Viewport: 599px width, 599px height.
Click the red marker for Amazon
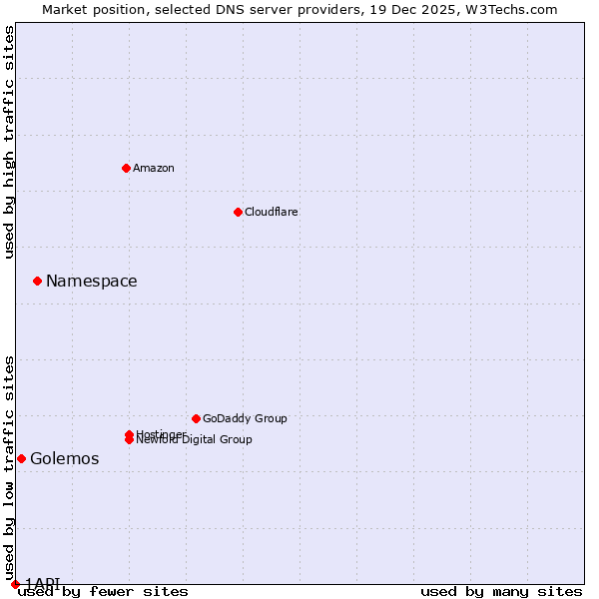pos(126,168)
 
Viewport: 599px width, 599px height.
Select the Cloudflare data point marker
pos(238,212)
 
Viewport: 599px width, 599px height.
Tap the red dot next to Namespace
pos(37,281)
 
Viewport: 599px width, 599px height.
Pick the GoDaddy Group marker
pos(196,418)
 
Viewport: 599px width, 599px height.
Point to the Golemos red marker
pos(21,458)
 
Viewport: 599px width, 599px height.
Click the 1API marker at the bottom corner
pos(15,584)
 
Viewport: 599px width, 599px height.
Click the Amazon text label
pos(153,168)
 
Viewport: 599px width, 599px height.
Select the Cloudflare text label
pos(271,212)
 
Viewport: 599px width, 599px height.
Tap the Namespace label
pos(92,282)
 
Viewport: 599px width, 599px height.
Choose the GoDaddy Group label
pos(245,418)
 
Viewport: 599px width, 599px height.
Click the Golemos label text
pos(65,459)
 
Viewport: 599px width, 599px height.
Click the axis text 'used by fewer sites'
pos(103,591)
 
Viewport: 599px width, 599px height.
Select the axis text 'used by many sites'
pos(501,591)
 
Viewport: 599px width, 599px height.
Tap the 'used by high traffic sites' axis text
pos(9,142)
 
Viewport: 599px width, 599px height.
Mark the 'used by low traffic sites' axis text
pos(9,467)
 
